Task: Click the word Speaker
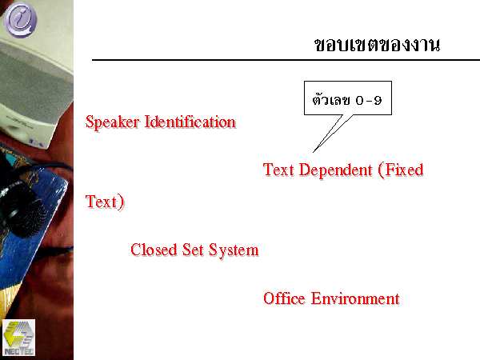pyautogui.click(x=112, y=122)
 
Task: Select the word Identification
pyautogui.click(x=190, y=122)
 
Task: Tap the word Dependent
pyautogui.click(x=335, y=170)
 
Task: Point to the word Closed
pyautogui.click(x=154, y=250)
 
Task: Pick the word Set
pyautogui.click(x=193, y=250)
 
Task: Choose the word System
pyautogui.click(x=234, y=250)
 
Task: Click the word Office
pyautogui.click(x=284, y=298)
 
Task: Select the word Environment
pyautogui.click(x=355, y=298)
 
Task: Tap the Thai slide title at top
pyautogui.click(x=377, y=45)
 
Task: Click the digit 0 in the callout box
pyautogui.click(x=360, y=100)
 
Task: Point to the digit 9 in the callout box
pyautogui.click(x=378, y=100)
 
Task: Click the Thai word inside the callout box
pyautogui.click(x=331, y=99)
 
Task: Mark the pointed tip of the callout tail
pyautogui.click(x=313, y=152)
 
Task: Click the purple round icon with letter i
pyautogui.click(x=21, y=19)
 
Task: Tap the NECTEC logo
pyautogui.click(x=18, y=338)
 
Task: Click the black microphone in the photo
pyautogui.click(x=22, y=208)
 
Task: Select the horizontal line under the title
pyautogui.click(x=286, y=60)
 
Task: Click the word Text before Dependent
pyautogui.click(x=278, y=170)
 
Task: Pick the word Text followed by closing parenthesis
pyautogui.click(x=101, y=202)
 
